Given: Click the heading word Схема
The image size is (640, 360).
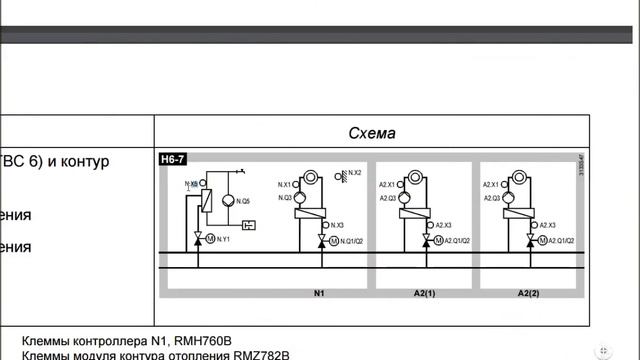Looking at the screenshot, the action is [372, 133].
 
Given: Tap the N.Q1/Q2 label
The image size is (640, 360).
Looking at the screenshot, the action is [351, 241].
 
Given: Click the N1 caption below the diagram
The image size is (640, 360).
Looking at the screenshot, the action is [320, 294].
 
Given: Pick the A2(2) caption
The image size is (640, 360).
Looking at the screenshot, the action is [528, 294].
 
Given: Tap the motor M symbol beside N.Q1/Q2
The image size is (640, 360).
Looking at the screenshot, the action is [333, 241].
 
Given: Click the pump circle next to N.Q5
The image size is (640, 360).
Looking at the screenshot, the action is [230, 201].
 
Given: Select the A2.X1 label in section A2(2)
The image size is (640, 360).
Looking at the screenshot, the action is [491, 185].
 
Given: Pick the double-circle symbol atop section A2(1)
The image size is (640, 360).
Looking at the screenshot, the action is [410, 178].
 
